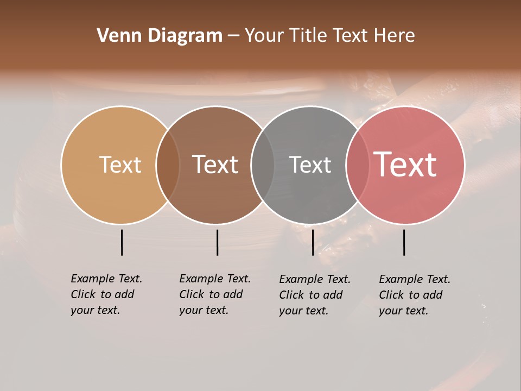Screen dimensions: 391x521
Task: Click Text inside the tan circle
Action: tap(120, 165)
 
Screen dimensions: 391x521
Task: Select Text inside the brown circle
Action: tap(215, 165)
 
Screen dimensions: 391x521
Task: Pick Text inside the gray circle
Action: tap(310, 165)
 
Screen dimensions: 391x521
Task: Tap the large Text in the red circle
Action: tap(405, 165)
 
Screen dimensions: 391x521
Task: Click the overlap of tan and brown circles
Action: tap(168, 165)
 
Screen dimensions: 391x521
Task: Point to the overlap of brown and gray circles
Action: tap(263, 165)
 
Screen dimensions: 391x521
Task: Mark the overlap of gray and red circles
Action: tap(357, 165)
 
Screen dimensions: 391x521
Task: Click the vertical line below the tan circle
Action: tap(122, 242)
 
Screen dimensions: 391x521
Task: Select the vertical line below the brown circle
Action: tap(217, 242)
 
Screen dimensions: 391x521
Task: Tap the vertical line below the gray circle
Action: tap(313, 242)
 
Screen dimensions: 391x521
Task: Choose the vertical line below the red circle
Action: tap(404, 242)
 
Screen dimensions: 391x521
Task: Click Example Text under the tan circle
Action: tap(106, 279)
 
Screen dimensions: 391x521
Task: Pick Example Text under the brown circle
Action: tap(215, 279)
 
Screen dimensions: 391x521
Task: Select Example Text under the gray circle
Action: tap(315, 279)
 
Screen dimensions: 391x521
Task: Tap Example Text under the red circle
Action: tap(415, 279)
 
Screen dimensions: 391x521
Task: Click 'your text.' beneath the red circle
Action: tap(403, 311)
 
